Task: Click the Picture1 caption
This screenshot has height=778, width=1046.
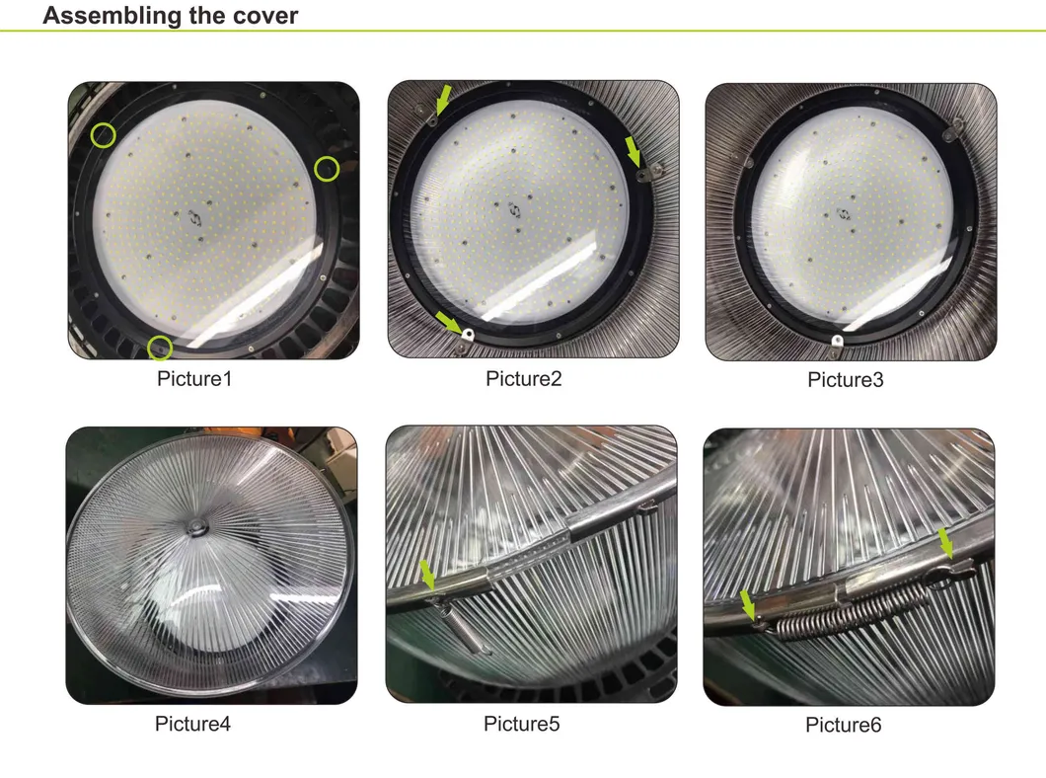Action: click(194, 377)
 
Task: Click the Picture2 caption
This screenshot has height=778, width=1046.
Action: click(523, 378)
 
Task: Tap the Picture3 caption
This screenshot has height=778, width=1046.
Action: click(845, 379)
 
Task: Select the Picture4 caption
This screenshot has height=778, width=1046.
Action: click(192, 724)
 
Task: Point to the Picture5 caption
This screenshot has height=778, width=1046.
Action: click(521, 724)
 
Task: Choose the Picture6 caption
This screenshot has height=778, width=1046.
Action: click(843, 726)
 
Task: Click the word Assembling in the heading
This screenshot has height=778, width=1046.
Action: click(111, 16)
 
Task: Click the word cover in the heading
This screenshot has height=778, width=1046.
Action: click(263, 16)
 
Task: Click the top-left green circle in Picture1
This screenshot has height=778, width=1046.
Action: click(103, 134)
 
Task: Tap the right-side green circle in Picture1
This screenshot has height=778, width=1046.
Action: click(327, 169)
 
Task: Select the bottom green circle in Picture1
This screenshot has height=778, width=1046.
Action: click(160, 348)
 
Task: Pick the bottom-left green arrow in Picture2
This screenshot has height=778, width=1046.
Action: click(449, 322)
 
